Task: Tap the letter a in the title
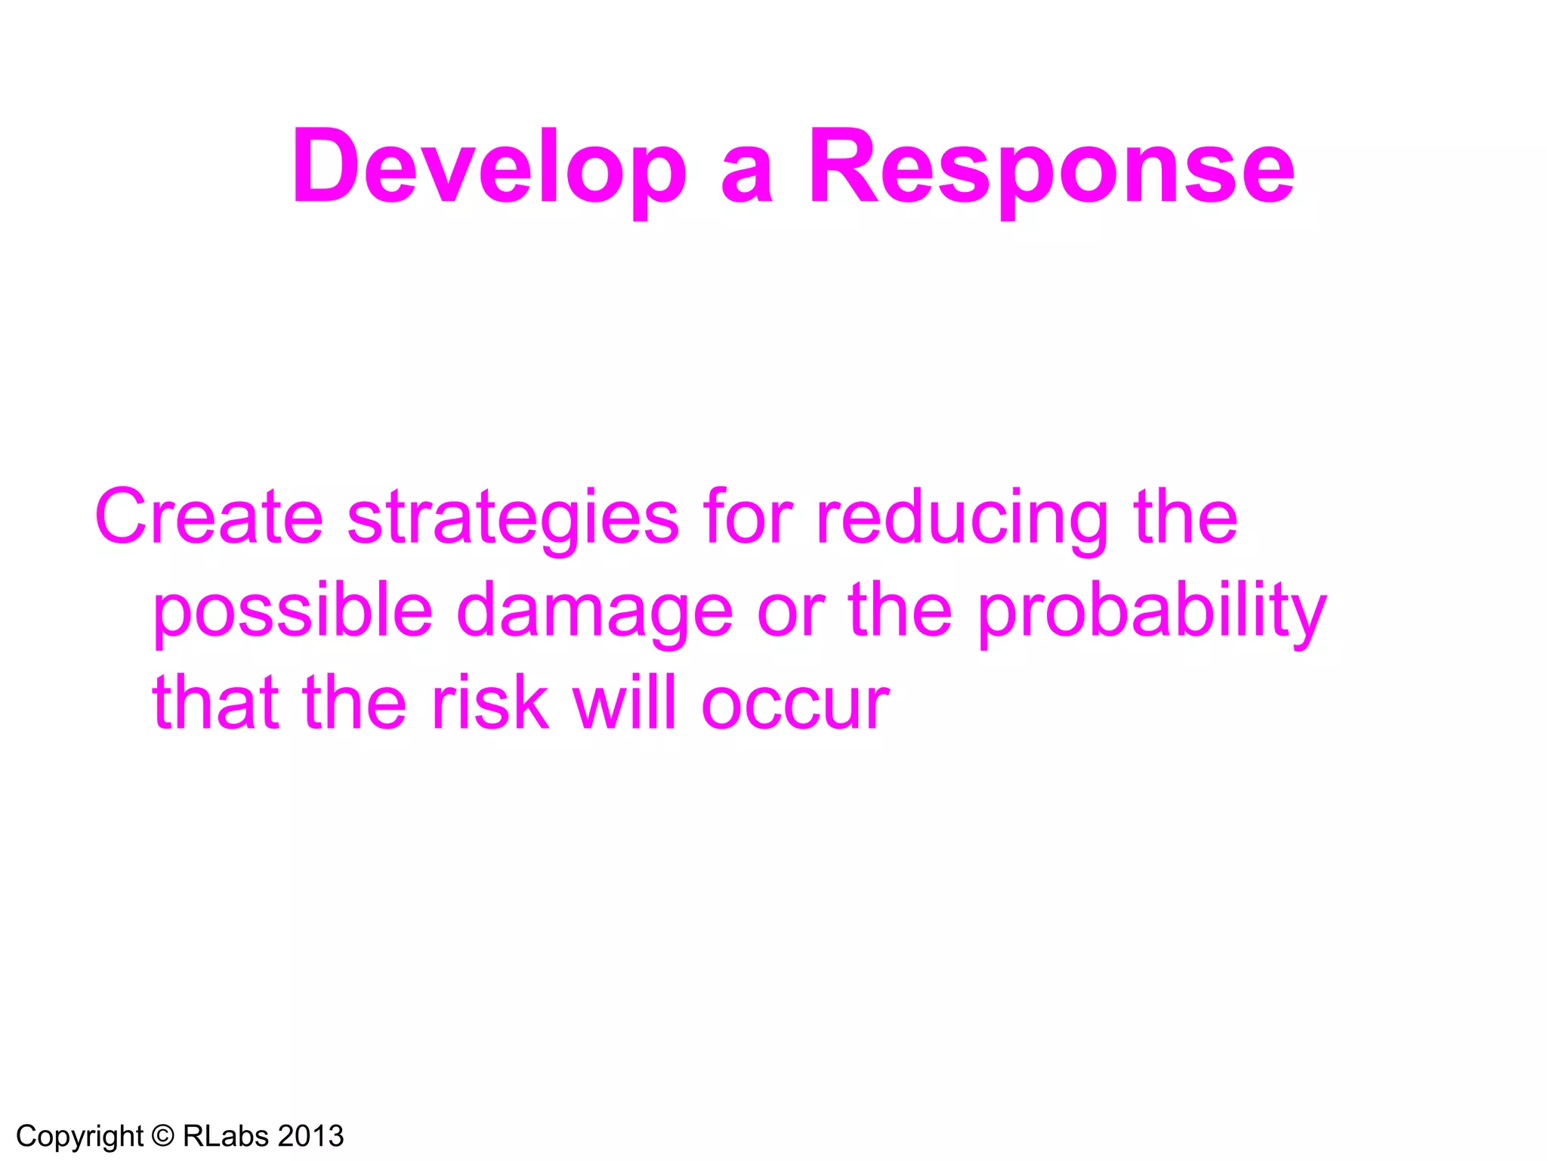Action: click(x=746, y=175)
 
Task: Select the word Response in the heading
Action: click(x=1051, y=168)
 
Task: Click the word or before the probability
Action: click(x=790, y=612)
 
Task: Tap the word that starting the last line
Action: click(x=215, y=703)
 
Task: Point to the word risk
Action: click(x=489, y=703)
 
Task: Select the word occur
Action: click(x=795, y=706)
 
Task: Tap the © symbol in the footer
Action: click(x=162, y=1136)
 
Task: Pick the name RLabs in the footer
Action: click(x=226, y=1136)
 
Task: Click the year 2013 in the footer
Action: click(x=310, y=1136)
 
